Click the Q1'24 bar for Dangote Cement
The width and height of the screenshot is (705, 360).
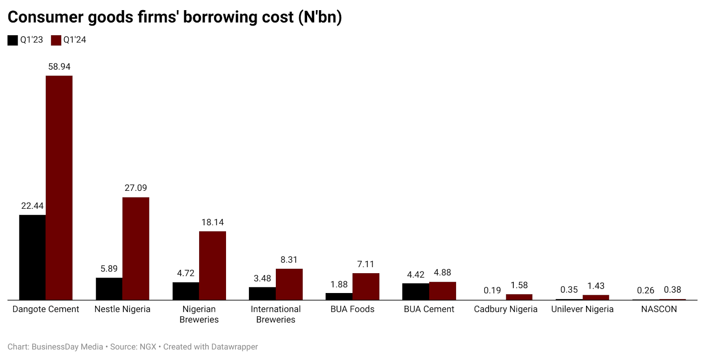click(x=59, y=188)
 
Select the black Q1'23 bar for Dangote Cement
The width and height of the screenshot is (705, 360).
click(x=32, y=257)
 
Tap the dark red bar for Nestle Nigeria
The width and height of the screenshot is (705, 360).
click(x=136, y=249)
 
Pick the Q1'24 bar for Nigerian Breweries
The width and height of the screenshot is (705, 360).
click(x=212, y=266)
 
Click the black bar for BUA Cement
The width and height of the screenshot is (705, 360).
click(x=416, y=292)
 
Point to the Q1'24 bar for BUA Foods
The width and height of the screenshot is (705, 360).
click(x=366, y=286)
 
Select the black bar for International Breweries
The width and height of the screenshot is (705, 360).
click(x=262, y=293)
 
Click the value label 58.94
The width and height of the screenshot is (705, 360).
click(x=59, y=67)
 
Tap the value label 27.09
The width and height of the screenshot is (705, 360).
click(x=136, y=188)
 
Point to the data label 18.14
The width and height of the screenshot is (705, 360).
click(x=212, y=222)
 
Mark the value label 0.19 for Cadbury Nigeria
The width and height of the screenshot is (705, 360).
click(x=492, y=290)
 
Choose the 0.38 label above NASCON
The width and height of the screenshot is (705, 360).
click(x=672, y=289)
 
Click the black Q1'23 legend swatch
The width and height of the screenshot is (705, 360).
click(x=13, y=40)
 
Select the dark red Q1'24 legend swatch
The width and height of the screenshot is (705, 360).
click(x=56, y=40)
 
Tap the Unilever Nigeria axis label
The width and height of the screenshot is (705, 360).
click(x=582, y=309)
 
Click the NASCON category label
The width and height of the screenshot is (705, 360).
click(x=659, y=309)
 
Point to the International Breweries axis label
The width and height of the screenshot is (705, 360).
click(x=275, y=314)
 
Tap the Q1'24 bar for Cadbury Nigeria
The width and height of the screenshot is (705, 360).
click(x=519, y=297)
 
